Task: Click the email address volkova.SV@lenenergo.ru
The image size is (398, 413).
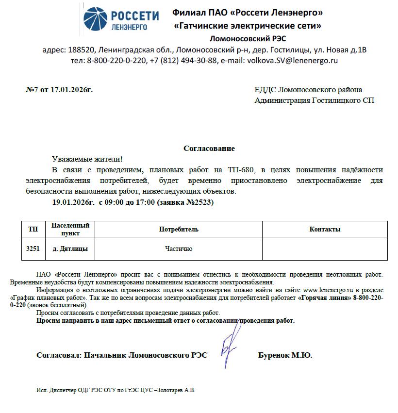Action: (292, 61)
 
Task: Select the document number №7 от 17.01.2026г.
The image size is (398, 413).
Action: (59, 90)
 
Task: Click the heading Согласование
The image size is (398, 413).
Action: (209, 149)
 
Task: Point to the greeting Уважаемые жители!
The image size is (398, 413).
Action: (87, 159)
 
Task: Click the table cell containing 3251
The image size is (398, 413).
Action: (33, 248)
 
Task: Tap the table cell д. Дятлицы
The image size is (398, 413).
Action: (70, 248)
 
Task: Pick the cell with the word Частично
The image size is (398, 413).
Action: (179, 248)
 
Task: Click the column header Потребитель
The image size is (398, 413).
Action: (179, 229)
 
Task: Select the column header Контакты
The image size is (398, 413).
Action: (325, 229)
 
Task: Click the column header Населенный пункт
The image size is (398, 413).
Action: (70, 229)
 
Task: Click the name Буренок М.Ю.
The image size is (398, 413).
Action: (285, 355)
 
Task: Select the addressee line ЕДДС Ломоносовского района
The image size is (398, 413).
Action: (308, 90)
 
